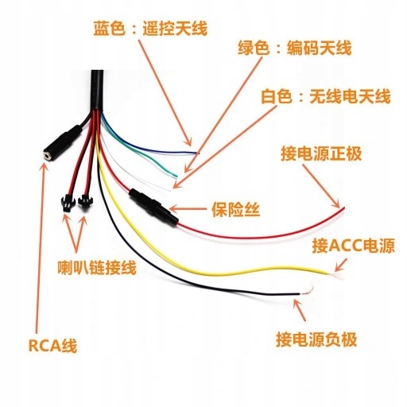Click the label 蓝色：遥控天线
click(150, 28)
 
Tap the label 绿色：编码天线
click(294, 48)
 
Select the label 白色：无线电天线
click(325, 96)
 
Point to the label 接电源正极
click(321, 153)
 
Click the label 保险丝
click(235, 209)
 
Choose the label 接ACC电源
click(353, 245)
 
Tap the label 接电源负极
click(316, 339)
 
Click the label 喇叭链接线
click(97, 268)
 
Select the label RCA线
click(52, 346)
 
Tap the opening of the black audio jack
click(47, 155)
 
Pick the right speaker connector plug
click(84, 202)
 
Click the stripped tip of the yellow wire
click(335, 276)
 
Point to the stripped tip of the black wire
click(308, 290)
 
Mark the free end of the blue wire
click(198, 153)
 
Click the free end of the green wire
click(176, 176)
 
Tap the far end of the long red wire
click(343, 208)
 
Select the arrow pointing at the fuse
click(188, 208)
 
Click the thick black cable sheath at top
click(97, 90)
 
